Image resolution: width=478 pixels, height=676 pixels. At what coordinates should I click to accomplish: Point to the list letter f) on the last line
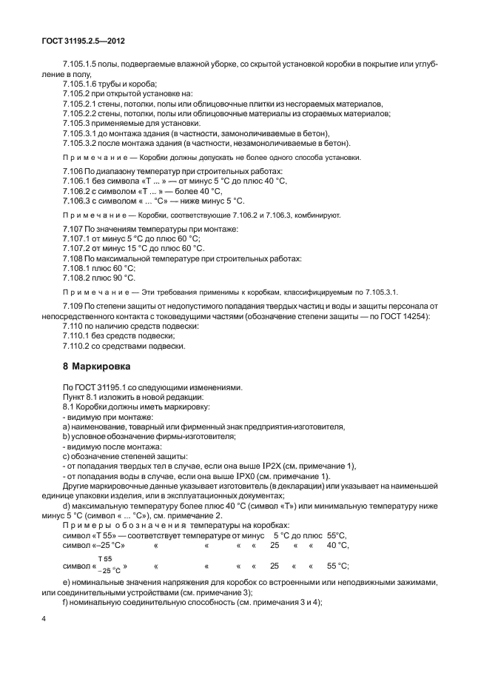67,603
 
